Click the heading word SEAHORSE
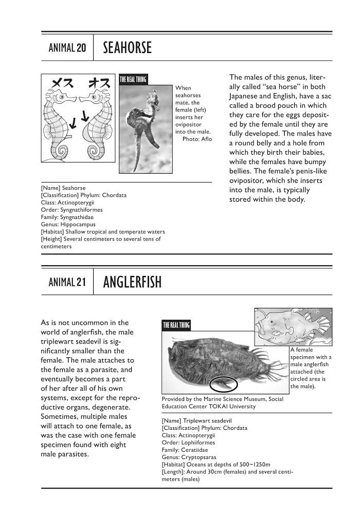tap(127, 48)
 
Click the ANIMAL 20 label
tap(67, 48)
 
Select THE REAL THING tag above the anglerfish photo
tap(176, 325)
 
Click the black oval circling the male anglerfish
tap(224, 383)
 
